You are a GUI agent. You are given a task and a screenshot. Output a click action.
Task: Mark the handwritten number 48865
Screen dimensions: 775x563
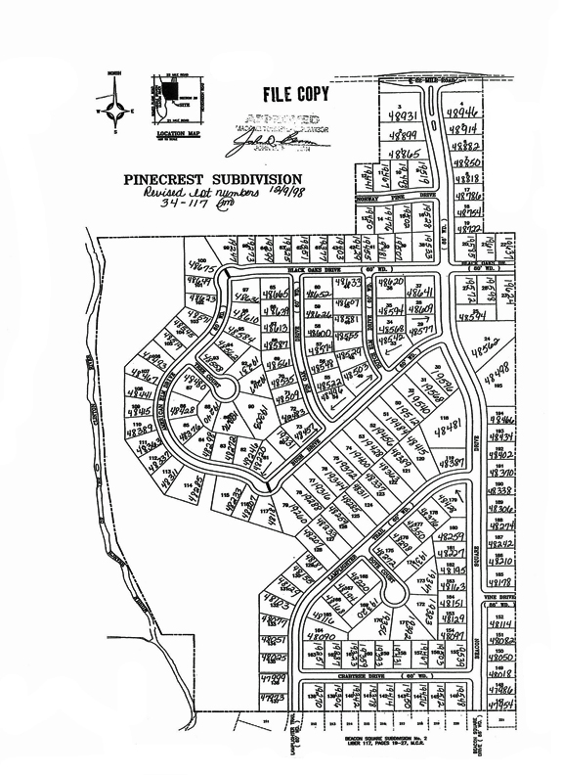point(404,155)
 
